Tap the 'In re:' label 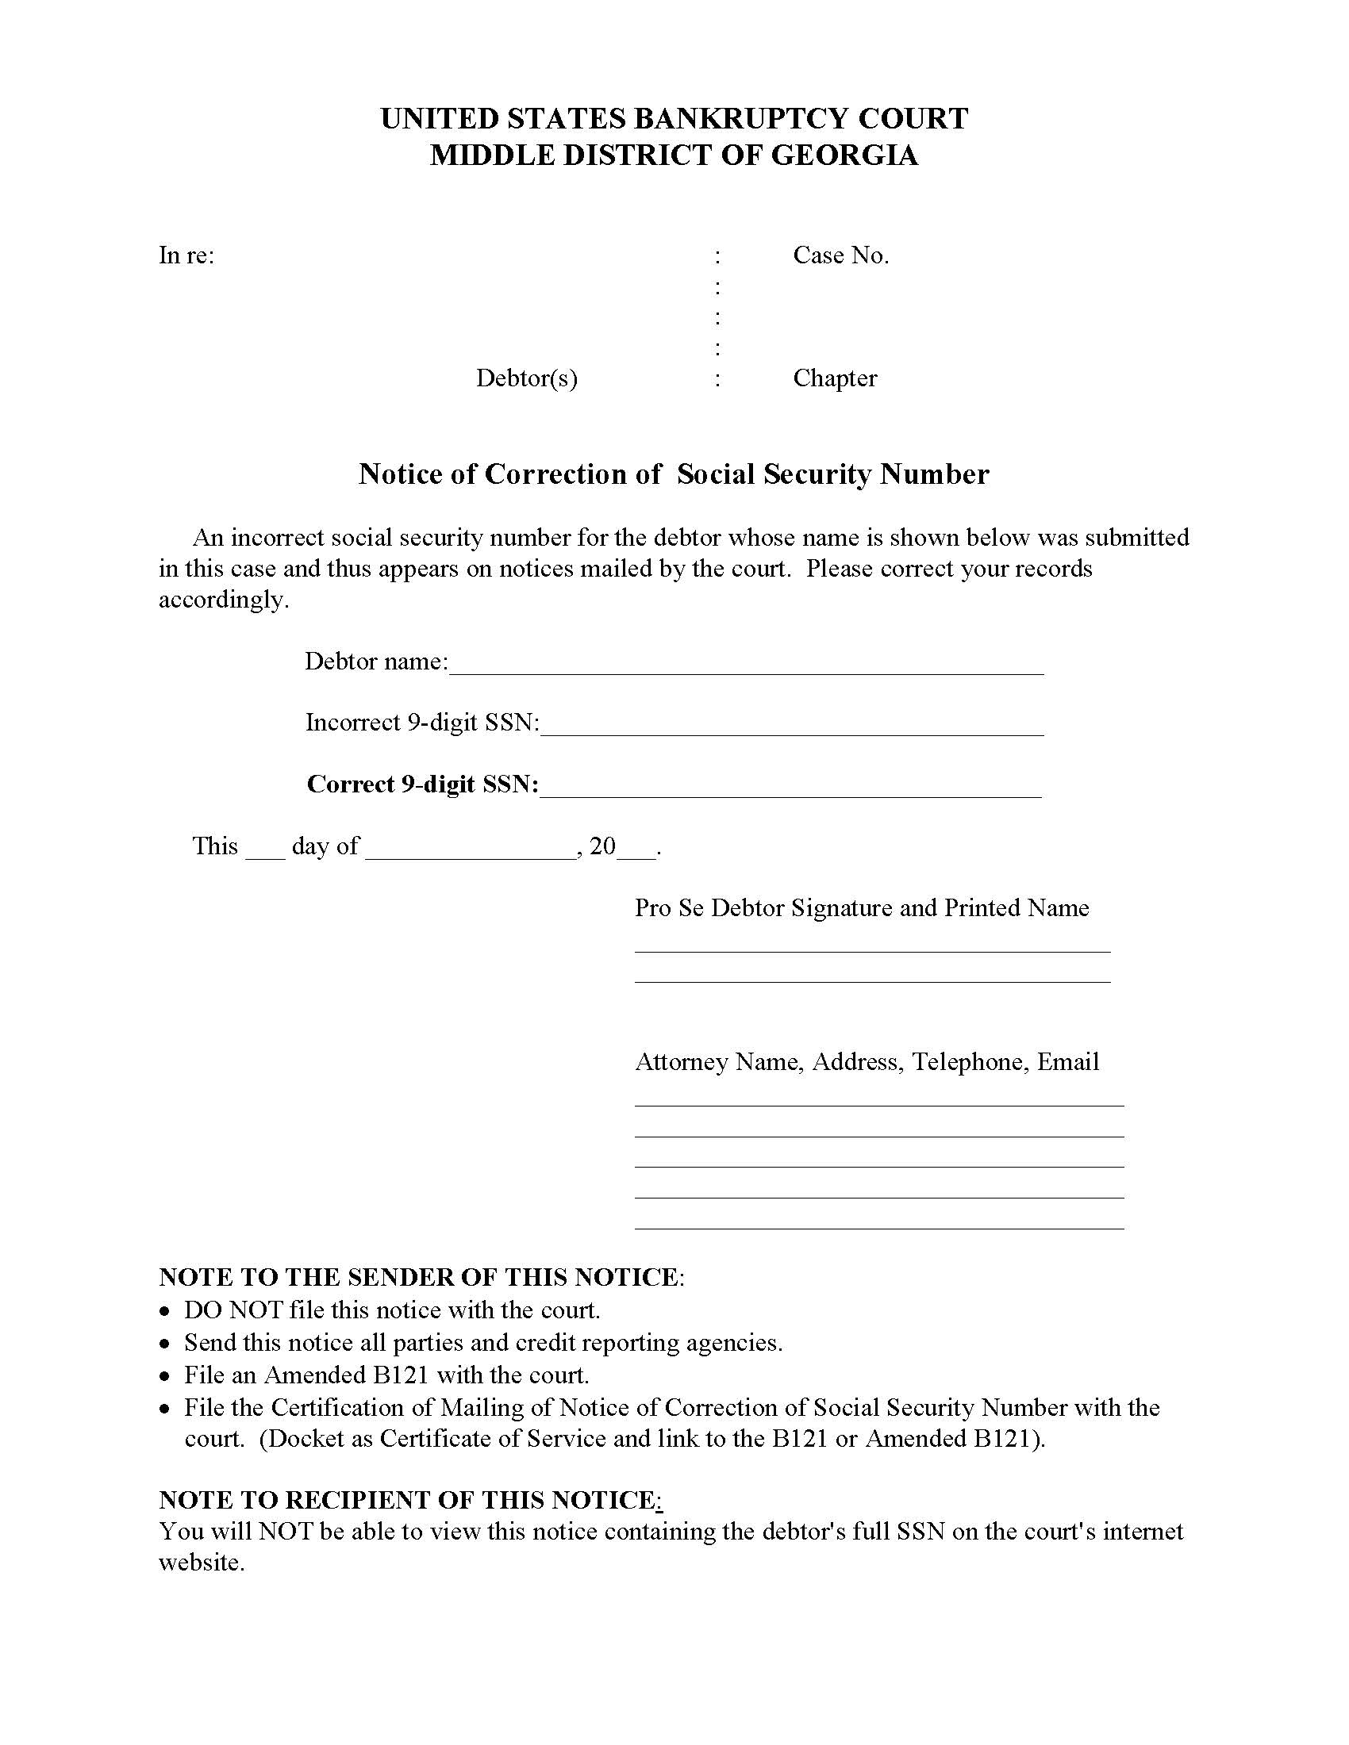click(x=186, y=255)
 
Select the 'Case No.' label click(x=840, y=255)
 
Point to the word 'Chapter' click(x=834, y=378)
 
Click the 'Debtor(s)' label click(x=527, y=378)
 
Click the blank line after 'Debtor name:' click(x=746, y=671)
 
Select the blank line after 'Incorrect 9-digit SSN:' click(x=791, y=732)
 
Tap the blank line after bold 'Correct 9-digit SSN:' click(x=790, y=794)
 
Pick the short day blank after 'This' click(x=264, y=855)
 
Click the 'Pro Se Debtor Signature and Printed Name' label click(x=862, y=907)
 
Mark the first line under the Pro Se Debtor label click(x=872, y=951)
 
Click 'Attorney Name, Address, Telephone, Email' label click(x=867, y=1062)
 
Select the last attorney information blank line click(x=879, y=1228)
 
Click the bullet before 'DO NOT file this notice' click(x=164, y=1312)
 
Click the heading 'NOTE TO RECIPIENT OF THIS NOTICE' click(x=408, y=1500)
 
